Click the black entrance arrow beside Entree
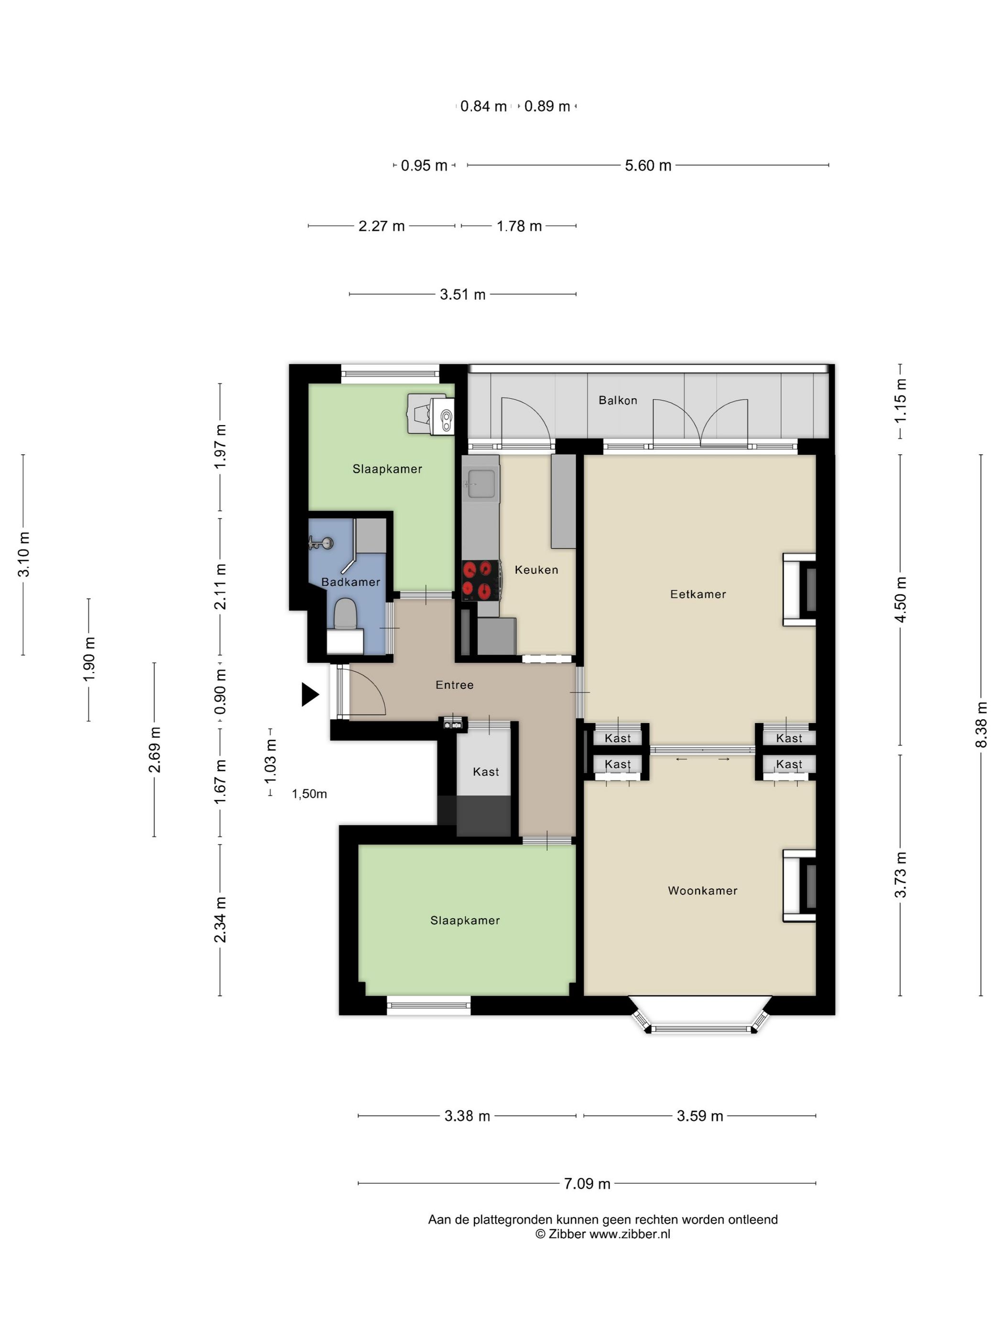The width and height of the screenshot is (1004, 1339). point(309,694)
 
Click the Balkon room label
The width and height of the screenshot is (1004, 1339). point(617,400)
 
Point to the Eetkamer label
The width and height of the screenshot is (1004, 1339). point(698,594)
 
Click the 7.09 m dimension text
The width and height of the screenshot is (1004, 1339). point(587,1184)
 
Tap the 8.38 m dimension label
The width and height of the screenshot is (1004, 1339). point(981,724)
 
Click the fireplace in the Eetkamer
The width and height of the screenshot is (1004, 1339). point(799,589)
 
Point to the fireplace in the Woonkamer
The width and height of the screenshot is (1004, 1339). point(799,886)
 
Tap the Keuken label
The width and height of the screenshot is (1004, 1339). point(536,570)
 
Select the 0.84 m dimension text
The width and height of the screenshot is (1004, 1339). point(483,107)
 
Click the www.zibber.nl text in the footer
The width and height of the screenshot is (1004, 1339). point(629,1234)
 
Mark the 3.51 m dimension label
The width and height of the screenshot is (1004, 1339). point(463,295)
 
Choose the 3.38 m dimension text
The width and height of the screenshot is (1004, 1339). point(467,1116)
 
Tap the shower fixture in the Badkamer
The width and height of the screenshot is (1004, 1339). point(321,543)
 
